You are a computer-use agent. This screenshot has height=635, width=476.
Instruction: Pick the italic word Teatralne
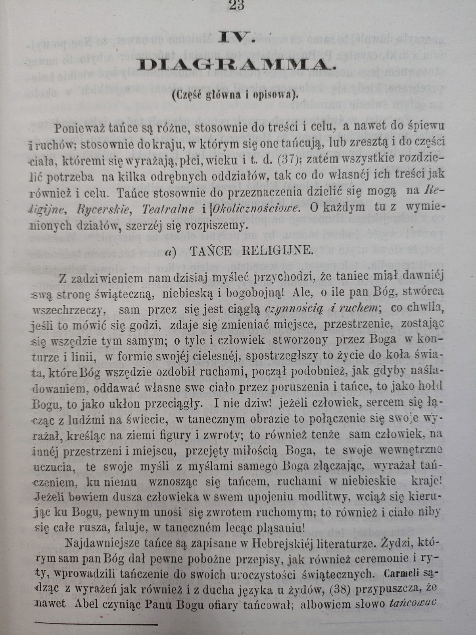[174, 209]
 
